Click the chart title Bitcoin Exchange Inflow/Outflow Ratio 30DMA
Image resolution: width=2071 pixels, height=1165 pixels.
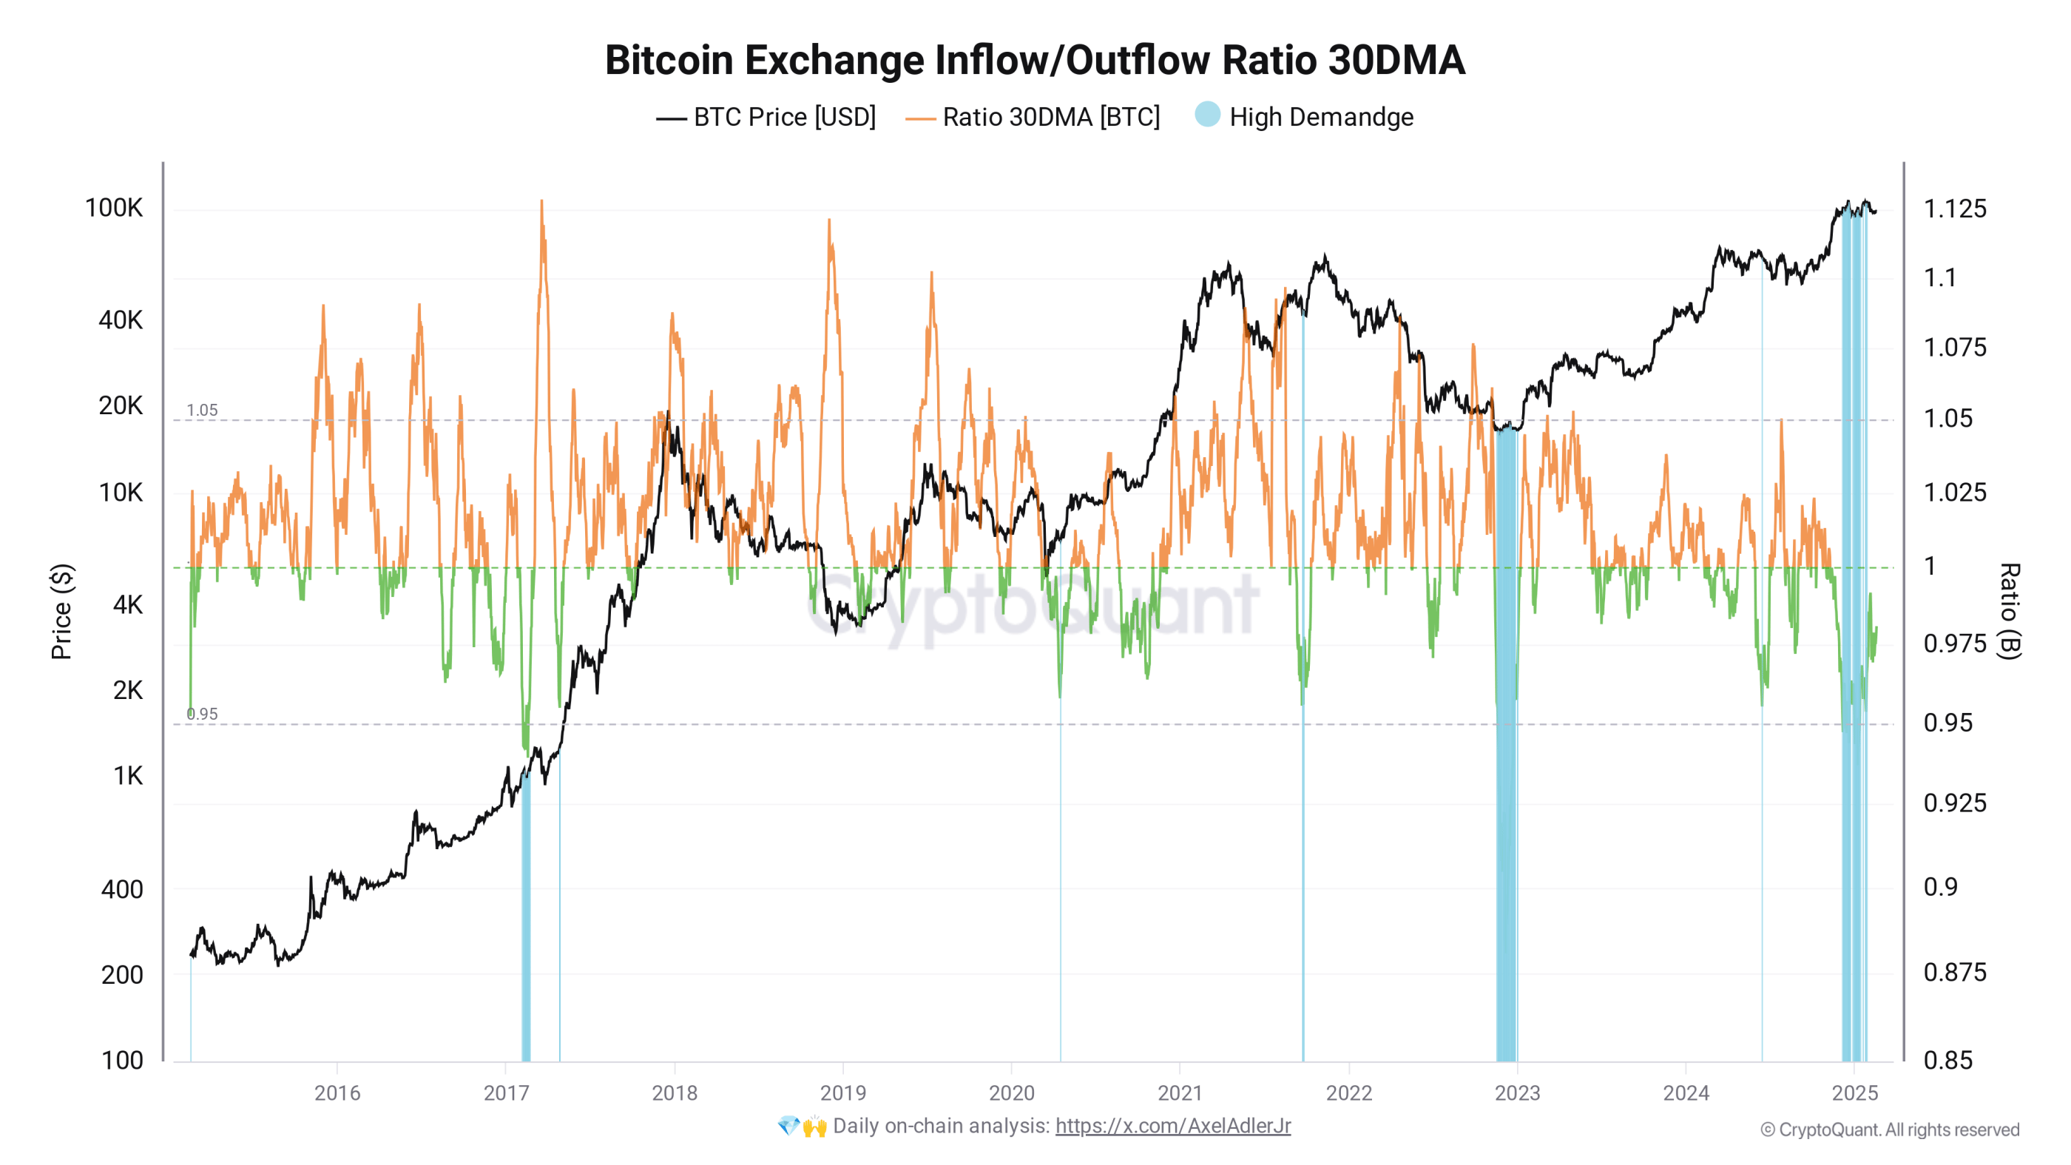click(1035, 61)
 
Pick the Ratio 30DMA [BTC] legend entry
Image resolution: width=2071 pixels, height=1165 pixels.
click(1033, 118)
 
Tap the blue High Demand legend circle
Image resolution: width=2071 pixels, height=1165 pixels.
click(1207, 115)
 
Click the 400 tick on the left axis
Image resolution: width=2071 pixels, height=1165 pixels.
click(121, 889)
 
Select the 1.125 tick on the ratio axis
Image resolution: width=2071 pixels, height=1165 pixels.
click(1954, 209)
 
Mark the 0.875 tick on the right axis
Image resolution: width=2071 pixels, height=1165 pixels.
click(1954, 972)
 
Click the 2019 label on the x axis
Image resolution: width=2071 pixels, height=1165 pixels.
click(842, 1093)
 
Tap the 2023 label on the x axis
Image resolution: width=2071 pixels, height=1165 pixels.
click(1517, 1093)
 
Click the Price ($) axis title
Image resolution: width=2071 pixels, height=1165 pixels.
click(62, 611)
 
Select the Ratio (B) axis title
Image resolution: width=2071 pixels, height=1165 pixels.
click(2009, 611)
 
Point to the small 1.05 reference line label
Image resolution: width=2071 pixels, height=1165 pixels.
click(202, 410)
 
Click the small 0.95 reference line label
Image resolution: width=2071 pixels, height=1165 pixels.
click(202, 714)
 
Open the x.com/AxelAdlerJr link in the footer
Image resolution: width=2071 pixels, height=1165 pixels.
click(1172, 1126)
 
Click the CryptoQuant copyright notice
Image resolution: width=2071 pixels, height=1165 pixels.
click(1889, 1129)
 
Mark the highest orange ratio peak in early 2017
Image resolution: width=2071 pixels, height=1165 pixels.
click(542, 204)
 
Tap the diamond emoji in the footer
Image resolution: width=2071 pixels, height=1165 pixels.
click(788, 1126)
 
